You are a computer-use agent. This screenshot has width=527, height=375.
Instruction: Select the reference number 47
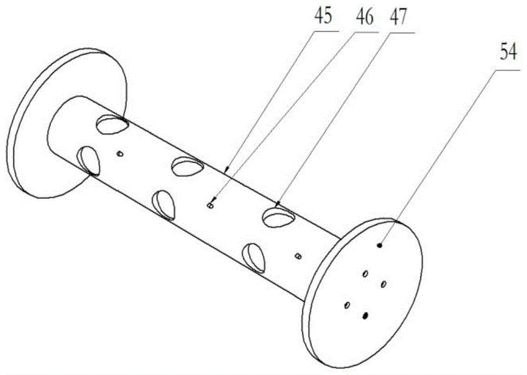(x=398, y=17)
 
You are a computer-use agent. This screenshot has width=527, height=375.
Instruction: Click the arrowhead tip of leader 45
(x=227, y=171)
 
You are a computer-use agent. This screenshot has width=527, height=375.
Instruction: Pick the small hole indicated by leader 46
(x=210, y=205)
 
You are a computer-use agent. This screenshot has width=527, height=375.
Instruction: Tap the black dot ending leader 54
(x=380, y=245)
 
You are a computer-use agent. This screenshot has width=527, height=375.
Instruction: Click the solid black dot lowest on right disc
(x=365, y=315)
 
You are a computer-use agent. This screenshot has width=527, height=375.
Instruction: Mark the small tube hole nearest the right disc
(x=297, y=256)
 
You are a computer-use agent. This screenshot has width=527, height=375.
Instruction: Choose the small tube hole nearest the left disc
(x=119, y=153)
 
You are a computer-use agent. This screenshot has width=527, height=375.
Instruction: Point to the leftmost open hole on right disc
(x=347, y=305)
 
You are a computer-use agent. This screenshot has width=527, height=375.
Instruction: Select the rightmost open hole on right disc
(x=384, y=284)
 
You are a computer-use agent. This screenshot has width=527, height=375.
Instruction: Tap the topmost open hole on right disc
(x=365, y=274)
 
